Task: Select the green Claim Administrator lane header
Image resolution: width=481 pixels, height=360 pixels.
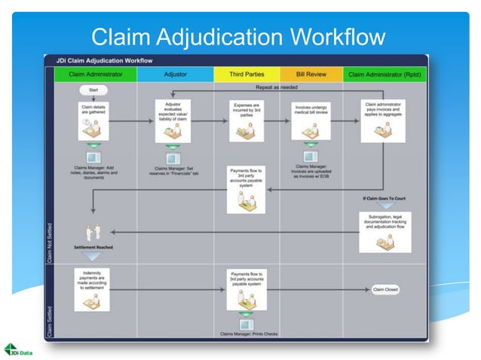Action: tap(95, 75)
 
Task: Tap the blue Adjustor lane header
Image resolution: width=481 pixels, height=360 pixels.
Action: tap(176, 75)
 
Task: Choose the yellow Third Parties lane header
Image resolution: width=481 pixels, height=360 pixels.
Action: tap(247, 75)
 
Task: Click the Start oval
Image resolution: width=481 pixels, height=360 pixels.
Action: tap(93, 90)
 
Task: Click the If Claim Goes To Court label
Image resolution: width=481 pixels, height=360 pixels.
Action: tap(384, 198)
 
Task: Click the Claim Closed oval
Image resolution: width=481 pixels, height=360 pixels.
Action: tap(385, 289)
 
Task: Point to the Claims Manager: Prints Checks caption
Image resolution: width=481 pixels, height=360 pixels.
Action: tap(249, 334)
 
